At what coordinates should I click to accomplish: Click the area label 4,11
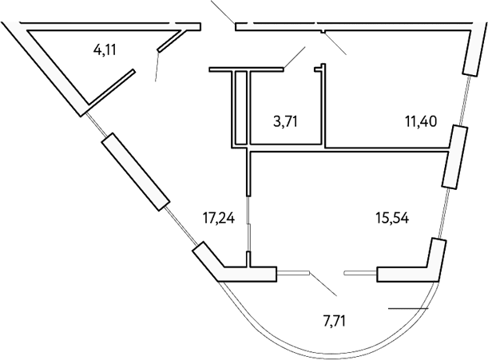click(x=105, y=50)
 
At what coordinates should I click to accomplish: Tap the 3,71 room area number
click(x=276, y=121)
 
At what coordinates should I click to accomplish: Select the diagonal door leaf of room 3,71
click(x=294, y=58)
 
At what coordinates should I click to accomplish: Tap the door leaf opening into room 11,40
click(x=333, y=43)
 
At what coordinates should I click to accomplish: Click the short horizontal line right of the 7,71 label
click(x=407, y=308)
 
